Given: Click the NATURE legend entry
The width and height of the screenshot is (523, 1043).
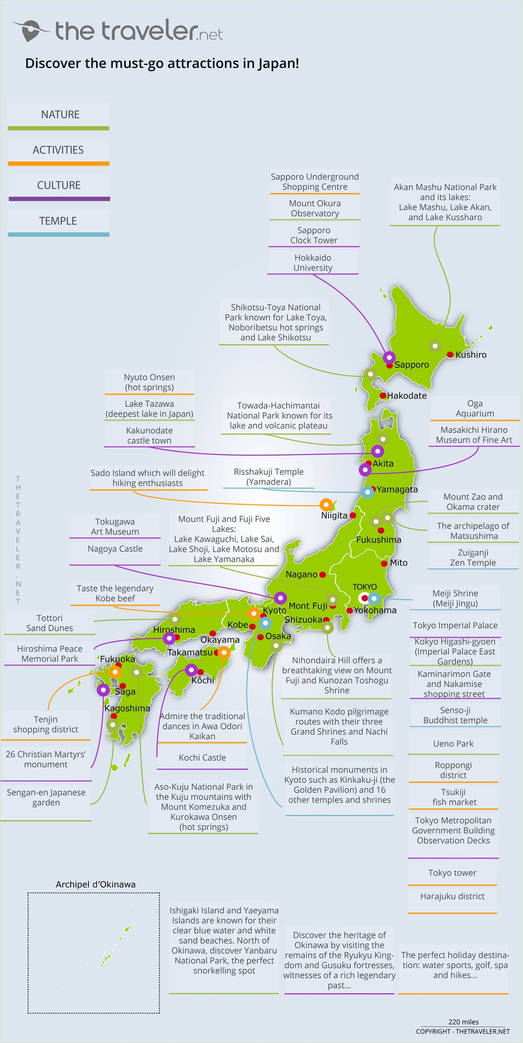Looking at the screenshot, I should (59, 115).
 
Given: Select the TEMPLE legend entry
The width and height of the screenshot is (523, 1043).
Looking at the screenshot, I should (58, 221).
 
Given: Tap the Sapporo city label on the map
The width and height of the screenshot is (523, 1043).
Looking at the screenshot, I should (412, 365).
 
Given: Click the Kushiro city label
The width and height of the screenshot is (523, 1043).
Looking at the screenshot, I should (471, 355).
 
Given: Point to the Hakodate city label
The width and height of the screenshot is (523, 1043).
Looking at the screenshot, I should (407, 395).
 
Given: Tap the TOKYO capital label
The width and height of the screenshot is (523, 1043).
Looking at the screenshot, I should (365, 587).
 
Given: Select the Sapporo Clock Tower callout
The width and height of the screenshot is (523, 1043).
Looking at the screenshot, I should (314, 235).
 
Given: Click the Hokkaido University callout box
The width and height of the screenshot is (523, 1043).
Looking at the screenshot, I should (313, 263).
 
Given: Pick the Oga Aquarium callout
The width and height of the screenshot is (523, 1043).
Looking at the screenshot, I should (474, 409).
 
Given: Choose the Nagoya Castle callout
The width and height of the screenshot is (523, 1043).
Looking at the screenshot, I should (115, 549).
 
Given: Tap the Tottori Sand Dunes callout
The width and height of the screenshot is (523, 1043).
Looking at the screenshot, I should (50, 623).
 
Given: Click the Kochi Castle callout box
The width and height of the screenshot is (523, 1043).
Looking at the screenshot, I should (202, 757).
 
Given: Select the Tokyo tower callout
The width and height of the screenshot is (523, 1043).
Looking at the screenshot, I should (452, 872).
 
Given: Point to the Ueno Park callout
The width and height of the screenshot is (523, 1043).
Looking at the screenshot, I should (453, 743).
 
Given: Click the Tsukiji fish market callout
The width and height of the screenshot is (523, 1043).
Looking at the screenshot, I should (453, 797).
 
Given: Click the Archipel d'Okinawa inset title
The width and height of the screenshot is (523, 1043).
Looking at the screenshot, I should (96, 885).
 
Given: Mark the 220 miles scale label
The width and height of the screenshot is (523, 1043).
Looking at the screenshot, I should (463, 1022).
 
